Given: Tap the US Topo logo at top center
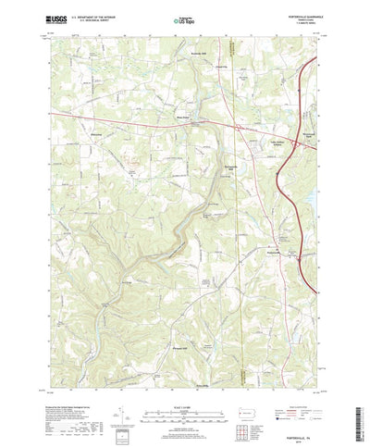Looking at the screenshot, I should point(184,18).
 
